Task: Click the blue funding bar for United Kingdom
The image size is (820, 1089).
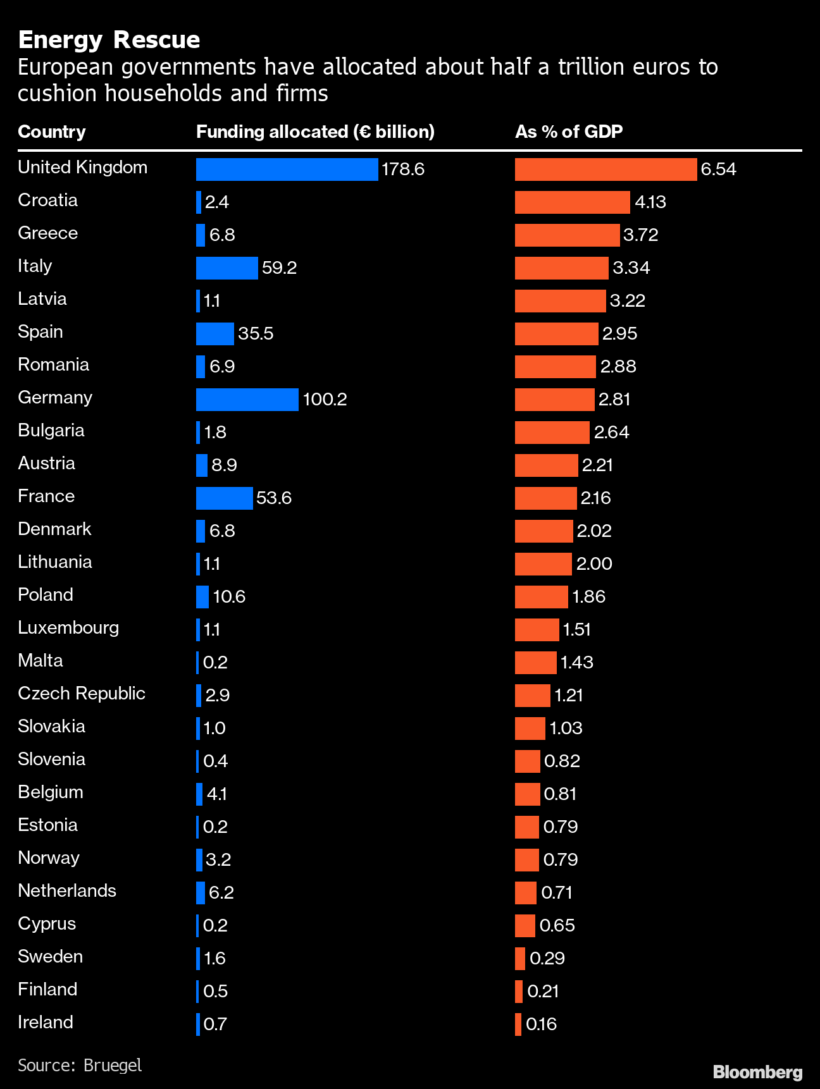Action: tap(287, 169)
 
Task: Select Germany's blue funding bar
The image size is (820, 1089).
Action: tap(247, 400)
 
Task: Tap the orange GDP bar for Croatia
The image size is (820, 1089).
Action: tap(572, 202)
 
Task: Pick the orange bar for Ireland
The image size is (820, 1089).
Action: tap(518, 1024)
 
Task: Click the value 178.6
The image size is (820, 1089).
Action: tap(403, 169)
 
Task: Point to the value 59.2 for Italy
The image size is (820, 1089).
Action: tap(279, 268)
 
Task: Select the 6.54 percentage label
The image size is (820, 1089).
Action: tap(718, 169)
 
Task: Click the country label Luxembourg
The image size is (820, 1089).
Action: tap(68, 628)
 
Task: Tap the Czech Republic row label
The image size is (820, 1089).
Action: tap(82, 694)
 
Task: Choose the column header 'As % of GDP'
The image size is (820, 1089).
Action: tap(569, 132)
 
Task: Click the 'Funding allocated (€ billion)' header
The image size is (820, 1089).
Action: tap(315, 132)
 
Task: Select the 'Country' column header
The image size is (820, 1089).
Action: tap(51, 132)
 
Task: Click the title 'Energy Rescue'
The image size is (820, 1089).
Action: tap(109, 40)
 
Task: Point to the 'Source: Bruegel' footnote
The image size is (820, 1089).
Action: tap(80, 1065)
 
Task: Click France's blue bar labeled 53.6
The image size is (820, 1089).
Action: tap(224, 498)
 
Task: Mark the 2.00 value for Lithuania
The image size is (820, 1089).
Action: tap(594, 564)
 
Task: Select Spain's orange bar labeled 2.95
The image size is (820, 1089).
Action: tap(556, 334)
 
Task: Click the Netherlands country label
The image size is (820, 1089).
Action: tap(67, 891)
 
